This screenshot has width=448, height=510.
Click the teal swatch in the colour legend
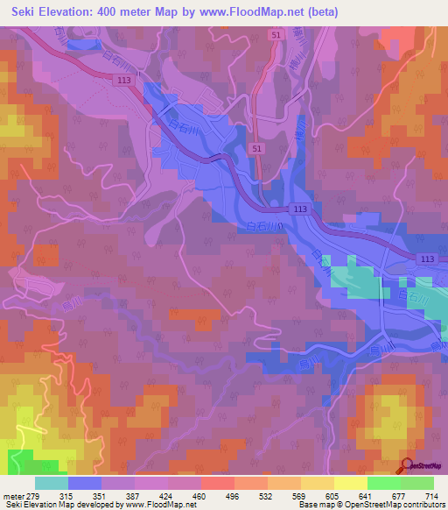point(52,483)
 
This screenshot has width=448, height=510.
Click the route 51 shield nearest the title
point(276,34)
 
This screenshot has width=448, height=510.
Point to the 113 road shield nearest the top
point(125,80)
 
